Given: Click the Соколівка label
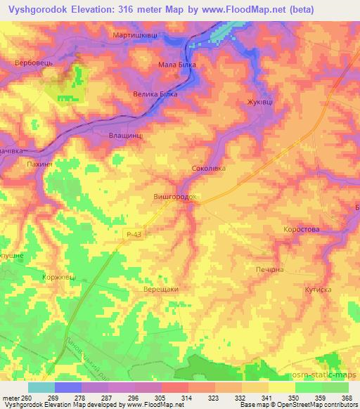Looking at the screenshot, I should [209, 169].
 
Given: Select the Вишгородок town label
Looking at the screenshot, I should [174, 198].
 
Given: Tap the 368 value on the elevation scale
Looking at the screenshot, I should [345, 398].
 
